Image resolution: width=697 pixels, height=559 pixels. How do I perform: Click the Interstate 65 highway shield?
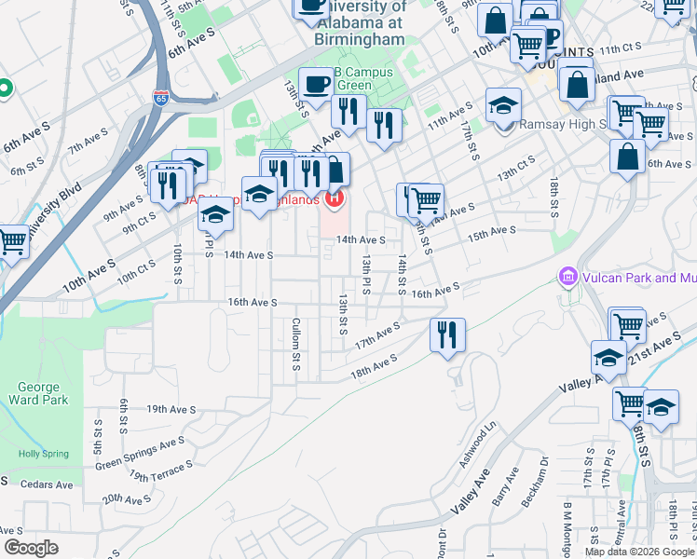pos(162,98)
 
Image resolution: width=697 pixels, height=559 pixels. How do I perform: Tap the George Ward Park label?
pos(38,393)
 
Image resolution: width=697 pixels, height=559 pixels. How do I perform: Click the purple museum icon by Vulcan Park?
pos(567,278)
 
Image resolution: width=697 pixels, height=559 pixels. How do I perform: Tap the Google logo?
pos(31,548)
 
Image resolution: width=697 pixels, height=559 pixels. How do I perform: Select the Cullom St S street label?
pos(294,343)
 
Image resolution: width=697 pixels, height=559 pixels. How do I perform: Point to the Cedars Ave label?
pos(46,484)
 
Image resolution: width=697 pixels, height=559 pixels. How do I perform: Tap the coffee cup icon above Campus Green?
pos(315,84)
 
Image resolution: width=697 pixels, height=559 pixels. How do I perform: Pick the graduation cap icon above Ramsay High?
pos(503,104)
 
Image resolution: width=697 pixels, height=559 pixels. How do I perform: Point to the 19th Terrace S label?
pos(151,477)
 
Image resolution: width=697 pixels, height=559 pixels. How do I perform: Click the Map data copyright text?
pos(639,552)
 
